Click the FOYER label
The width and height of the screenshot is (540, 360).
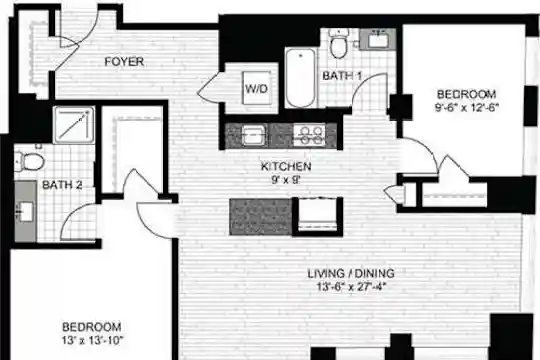(x=124, y=62)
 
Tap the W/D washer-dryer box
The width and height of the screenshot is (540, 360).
(x=257, y=88)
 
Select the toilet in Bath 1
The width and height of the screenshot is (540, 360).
(x=339, y=44)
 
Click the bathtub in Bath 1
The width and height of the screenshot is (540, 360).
(x=300, y=78)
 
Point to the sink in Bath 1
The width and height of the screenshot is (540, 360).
(x=378, y=40)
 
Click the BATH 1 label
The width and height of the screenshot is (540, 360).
(x=342, y=76)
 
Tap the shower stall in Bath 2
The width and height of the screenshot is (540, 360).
(x=74, y=125)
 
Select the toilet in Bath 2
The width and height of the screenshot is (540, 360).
(x=30, y=162)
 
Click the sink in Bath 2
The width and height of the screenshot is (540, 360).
(x=25, y=211)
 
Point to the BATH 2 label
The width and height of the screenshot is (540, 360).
(x=62, y=185)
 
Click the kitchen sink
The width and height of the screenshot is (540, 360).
(x=254, y=135)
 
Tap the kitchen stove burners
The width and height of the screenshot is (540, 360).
(x=309, y=135)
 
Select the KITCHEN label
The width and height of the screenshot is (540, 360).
(x=286, y=166)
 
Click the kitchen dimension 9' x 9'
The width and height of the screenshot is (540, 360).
(x=286, y=179)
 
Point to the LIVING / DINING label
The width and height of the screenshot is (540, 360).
(x=351, y=273)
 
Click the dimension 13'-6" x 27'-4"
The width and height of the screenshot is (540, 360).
(x=351, y=287)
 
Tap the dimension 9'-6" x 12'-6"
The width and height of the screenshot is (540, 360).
(x=467, y=107)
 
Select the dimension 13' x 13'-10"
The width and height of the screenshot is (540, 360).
(x=92, y=341)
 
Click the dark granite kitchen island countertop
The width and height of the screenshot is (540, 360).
(x=261, y=217)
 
